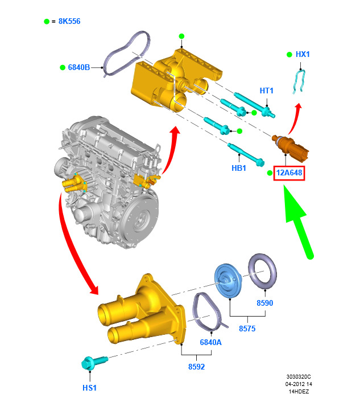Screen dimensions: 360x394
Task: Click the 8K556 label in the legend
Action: click(x=69, y=22)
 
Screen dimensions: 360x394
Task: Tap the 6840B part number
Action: click(x=79, y=67)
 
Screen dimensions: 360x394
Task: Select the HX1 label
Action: click(x=303, y=54)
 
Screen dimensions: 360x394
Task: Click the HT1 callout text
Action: click(x=266, y=91)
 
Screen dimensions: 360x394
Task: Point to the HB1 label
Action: click(x=238, y=168)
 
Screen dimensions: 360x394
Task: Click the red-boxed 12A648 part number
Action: click(x=289, y=173)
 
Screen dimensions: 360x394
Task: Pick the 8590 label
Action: click(x=264, y=303)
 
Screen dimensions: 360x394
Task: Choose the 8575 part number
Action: click(x=247, y=329)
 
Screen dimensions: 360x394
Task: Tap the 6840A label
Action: click(x=210, y=342)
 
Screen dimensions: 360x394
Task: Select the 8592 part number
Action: click(x=196, y=367)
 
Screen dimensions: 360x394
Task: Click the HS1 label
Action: click(x=89, y=388)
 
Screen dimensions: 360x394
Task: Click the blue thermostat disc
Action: click(x=228, y=281)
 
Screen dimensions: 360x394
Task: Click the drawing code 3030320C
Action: click(x=299, y=377)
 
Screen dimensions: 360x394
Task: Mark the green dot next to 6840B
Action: click(x=63, y=67)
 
